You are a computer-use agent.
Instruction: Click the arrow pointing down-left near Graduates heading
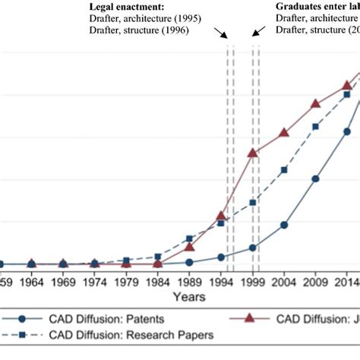[x=258, y=31]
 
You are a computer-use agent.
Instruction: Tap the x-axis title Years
[x=187, y=295]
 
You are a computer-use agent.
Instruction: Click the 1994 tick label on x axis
[x=221, y=281]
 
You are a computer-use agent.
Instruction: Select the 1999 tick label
[x=253, y=281]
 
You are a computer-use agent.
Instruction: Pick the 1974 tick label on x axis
[x=94, y=281]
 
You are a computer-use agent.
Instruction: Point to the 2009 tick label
[x=316, y=281]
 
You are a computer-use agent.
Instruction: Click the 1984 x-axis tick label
[x=158, y=281]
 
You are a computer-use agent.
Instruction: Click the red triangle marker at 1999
[x=253, y=153]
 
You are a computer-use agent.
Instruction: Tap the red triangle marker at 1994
[x=221, y=216]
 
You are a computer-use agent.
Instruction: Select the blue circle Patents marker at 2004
[x=284, y=225]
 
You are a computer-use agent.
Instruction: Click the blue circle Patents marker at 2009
[x=316, y=179]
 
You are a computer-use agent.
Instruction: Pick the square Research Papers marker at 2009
[x=316, y=127]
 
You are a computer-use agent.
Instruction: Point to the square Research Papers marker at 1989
[x=190, y=238]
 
